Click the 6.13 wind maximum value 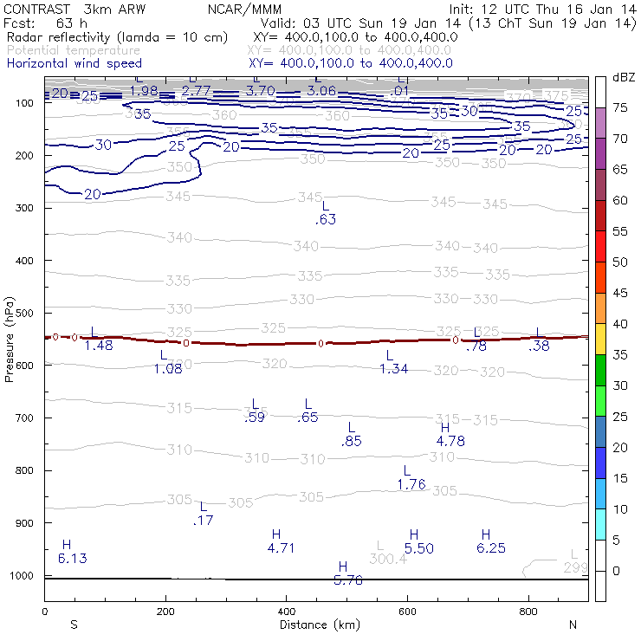(72, 559)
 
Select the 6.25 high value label (490, 548)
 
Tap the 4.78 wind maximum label (450, 441)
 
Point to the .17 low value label (204, 521)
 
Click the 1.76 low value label (411, 485)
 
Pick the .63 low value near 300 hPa (326, 220)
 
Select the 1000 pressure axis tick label (22, 576)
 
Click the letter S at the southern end (74, 625)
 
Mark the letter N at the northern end (573, 625)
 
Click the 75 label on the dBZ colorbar (620, 108)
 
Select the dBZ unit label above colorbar (623, 77)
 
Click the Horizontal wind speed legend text (74, 63)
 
